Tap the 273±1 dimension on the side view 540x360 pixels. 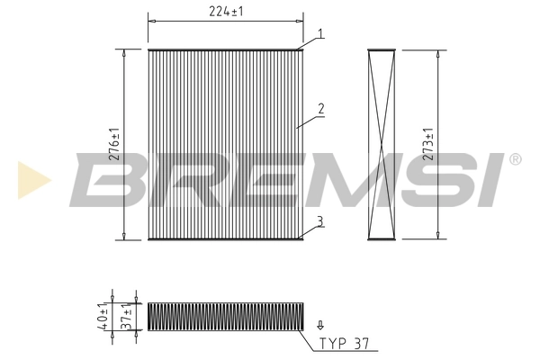coord(428,143)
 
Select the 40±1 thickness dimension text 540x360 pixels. coord(104,318)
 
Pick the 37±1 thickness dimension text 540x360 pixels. coord(128,318)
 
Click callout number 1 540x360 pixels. coord(318,34)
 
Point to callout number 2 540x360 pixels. coord(319,110)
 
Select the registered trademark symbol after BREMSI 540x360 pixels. coord(514,159)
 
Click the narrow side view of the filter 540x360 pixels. coord(382,143)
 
